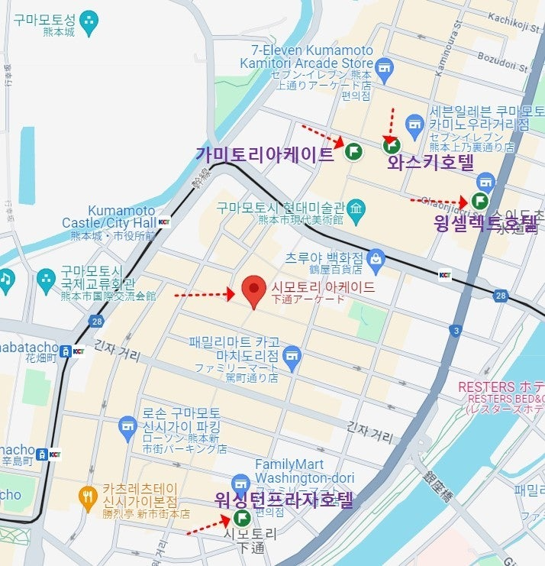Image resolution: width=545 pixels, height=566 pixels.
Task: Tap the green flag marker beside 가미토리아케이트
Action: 353,151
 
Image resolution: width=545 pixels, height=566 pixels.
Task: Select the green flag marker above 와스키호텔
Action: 391,144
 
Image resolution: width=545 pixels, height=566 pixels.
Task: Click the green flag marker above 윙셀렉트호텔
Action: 479,201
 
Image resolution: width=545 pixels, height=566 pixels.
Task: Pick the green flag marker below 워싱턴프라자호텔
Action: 243,518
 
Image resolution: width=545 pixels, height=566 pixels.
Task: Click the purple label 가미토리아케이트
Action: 265,154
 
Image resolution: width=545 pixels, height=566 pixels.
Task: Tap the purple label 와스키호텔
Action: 431,163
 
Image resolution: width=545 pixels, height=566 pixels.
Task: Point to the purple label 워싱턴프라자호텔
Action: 285,500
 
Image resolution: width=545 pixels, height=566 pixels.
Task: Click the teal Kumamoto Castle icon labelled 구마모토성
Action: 90,23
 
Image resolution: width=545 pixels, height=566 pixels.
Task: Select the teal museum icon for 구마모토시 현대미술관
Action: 355,208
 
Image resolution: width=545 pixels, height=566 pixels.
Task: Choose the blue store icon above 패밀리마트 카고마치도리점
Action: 291,356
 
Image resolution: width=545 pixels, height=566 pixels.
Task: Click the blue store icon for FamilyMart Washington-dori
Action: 241,484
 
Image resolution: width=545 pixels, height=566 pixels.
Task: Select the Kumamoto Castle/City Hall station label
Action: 122,216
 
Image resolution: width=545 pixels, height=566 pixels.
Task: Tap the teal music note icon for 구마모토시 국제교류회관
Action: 5,279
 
